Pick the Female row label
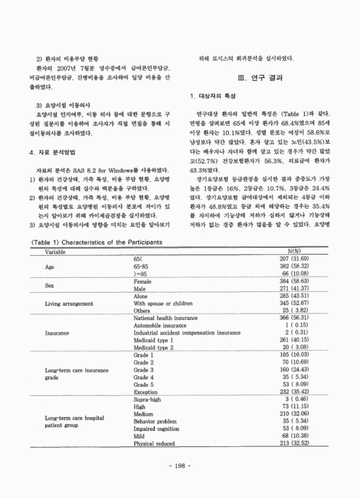[143, 299]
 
